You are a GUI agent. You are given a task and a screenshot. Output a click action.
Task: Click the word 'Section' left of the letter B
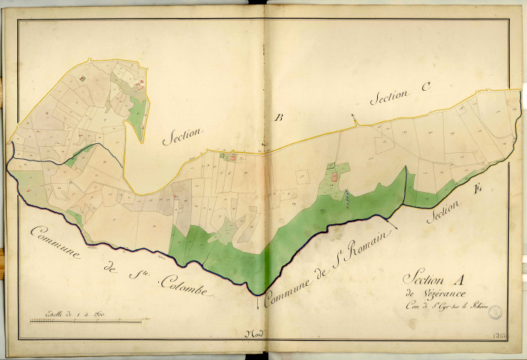pos(181,133)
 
